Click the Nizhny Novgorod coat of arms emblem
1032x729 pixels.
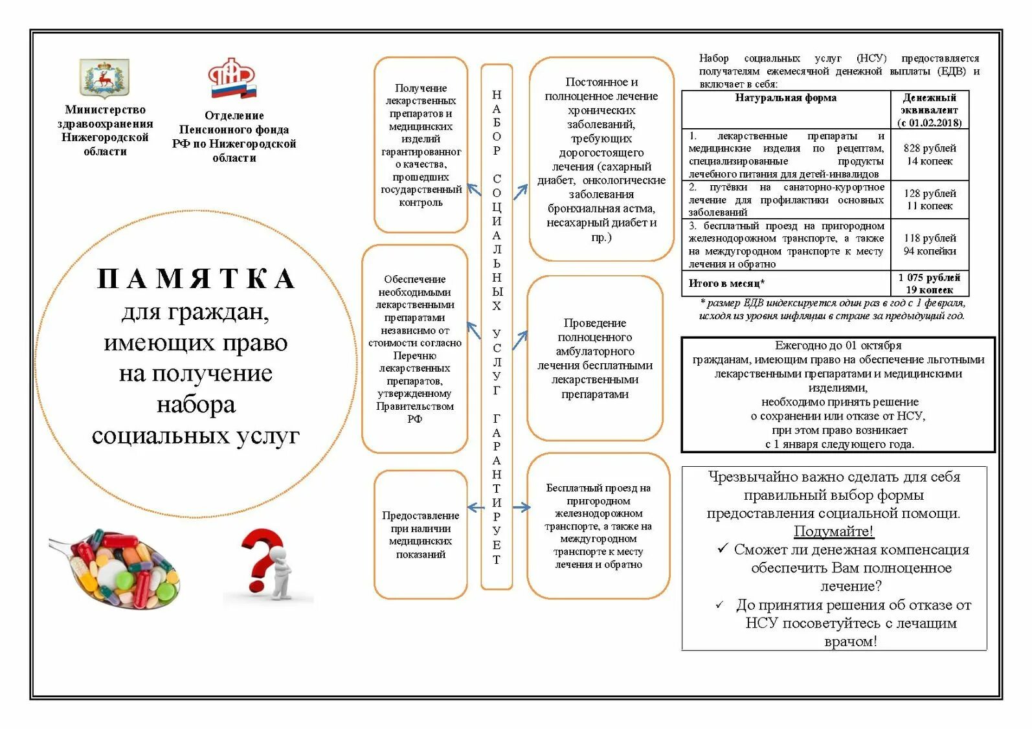[x=104, y=78]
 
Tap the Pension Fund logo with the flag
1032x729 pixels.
[x=232, y=78]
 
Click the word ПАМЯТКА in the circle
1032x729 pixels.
[x=196, y=278]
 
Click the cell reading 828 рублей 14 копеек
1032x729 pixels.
[x=929, y=155]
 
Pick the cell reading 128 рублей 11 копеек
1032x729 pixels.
[x=929, y=199]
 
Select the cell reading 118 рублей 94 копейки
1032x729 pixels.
[x=929, y=245]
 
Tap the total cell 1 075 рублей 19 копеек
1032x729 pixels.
[x=929, y=284]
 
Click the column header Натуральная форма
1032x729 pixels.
[x=785, y=98]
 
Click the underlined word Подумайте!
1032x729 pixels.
[x=834, y=532]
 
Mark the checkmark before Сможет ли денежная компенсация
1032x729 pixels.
[x=723, y=549]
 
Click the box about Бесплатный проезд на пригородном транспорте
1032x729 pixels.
[x=598, y=526]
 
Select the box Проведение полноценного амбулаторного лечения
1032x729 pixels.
[x=595, y=358]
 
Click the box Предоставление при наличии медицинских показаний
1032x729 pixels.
[x=421, y=535]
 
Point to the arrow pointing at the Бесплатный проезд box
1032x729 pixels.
[x=521, y=507]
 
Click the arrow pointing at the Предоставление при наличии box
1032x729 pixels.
[x=475, y=507]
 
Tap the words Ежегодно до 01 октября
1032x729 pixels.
[x=838, y=346]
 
